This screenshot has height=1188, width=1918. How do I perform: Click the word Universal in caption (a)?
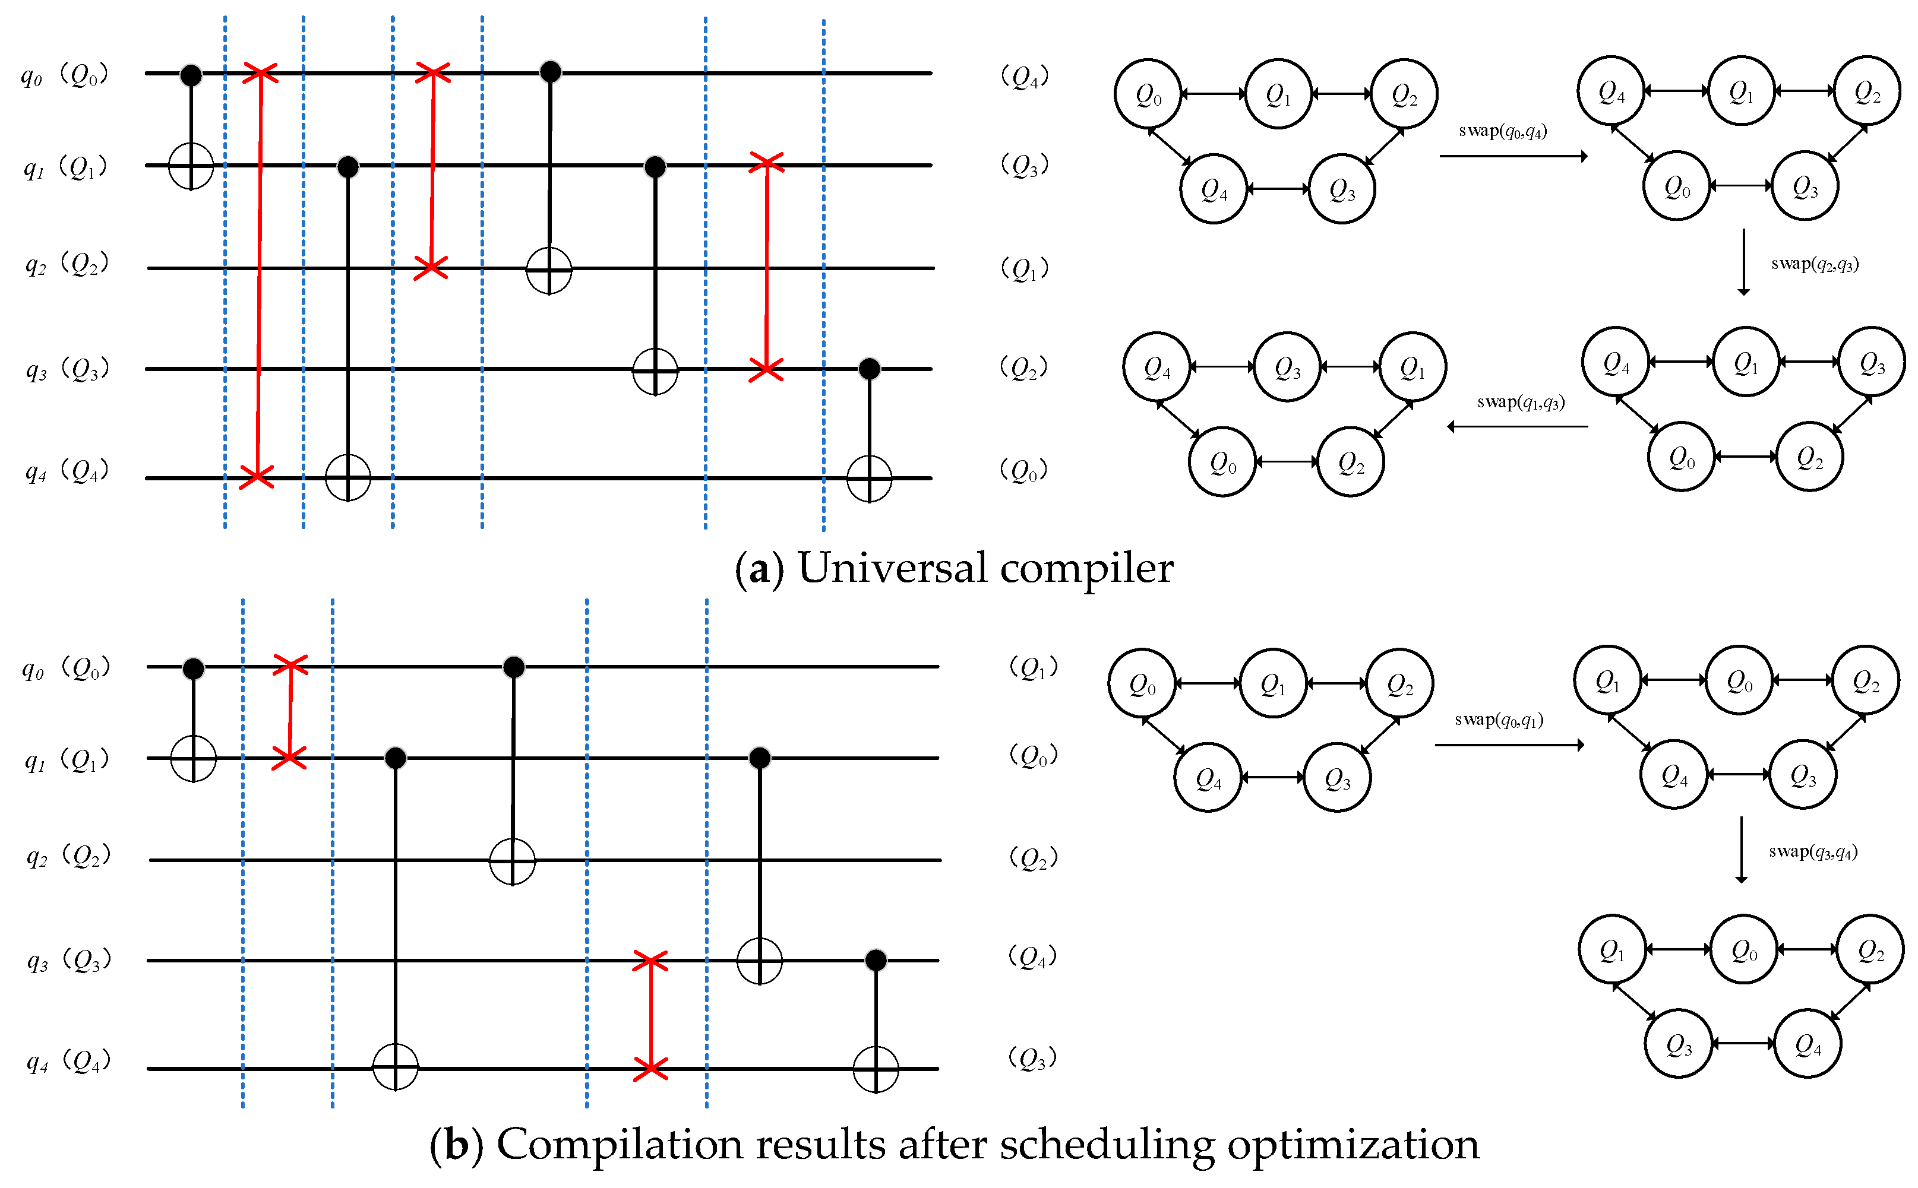[892, 568]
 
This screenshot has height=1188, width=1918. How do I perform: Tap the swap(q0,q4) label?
[1502, 131]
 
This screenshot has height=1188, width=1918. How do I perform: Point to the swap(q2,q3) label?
[1814, 264]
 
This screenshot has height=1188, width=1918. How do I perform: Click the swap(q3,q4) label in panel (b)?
[1813, 852]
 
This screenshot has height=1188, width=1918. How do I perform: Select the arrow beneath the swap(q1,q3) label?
[1517, 427]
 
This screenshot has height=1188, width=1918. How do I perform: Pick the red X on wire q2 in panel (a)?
[431, 267]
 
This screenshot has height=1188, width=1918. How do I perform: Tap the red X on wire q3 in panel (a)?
[766, 369]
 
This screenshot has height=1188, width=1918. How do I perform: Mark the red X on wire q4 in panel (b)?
[650, 1069]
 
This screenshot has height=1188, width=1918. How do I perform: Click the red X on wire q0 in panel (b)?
[290, 666]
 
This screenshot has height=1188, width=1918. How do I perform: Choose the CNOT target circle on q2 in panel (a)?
[549, 270]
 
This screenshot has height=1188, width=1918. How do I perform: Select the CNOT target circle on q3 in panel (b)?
[759, 960]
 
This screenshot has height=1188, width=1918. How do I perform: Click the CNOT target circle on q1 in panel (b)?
[194, 758]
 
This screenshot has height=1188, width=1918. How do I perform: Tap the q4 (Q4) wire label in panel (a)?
[66, 471]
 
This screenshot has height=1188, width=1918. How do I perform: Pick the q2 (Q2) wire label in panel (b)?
[68, 856]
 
